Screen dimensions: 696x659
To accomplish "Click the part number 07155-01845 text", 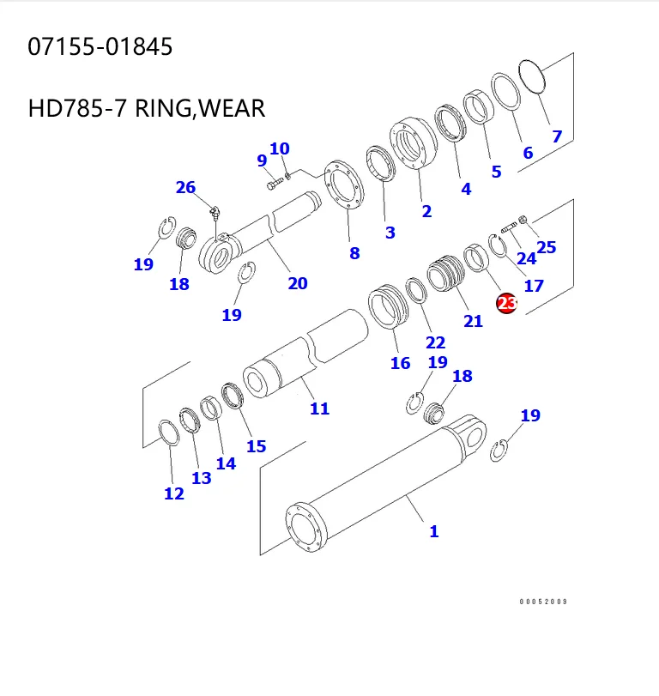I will (x=100, y=46).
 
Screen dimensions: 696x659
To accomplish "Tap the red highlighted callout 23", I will (x=506, y=303).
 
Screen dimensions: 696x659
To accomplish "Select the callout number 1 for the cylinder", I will (x=434, y=531).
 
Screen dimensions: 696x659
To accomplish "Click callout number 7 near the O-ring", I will (x=557, y=136).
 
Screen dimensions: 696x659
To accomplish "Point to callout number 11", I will (x=319, y=409).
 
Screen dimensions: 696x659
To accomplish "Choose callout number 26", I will (x=185, y=187).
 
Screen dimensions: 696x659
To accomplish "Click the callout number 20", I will (x=297, y=283).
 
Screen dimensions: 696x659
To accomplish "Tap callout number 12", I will (x=173, y=493).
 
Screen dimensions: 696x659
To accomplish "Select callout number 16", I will (x=400, y=363).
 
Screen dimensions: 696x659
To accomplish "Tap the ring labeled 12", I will (x=169, y=433).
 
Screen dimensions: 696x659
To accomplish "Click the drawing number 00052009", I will (x=543, y=602).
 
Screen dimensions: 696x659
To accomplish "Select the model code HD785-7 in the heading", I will (x=78, y=109).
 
